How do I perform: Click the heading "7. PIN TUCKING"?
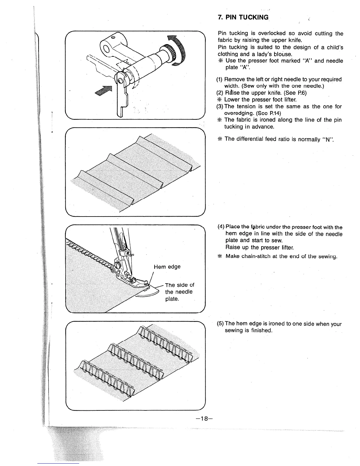243,17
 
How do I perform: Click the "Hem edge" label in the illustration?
167,267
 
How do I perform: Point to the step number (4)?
221,227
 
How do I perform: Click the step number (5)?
221,324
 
